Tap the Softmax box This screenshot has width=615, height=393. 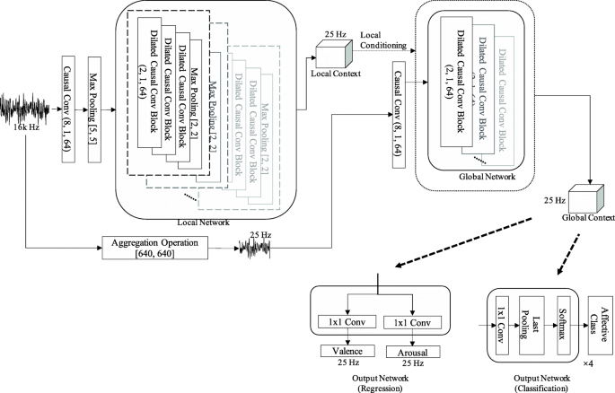tap(563, 319)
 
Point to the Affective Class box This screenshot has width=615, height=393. tap(595, 320)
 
